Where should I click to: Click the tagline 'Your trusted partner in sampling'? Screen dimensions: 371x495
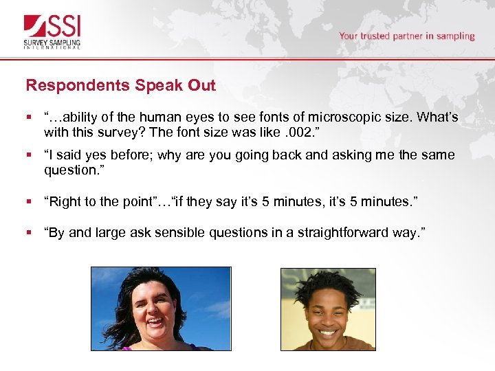tap(406, 36)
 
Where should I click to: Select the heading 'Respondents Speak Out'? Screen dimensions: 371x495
tap(120, 86)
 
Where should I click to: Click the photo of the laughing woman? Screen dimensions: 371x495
tap(161, 308)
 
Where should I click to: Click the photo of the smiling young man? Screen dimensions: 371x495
tap(328, 309)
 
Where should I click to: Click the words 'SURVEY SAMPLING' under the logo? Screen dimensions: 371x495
tap(52, 43)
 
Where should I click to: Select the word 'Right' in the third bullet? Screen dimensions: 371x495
tap(64, 201)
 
